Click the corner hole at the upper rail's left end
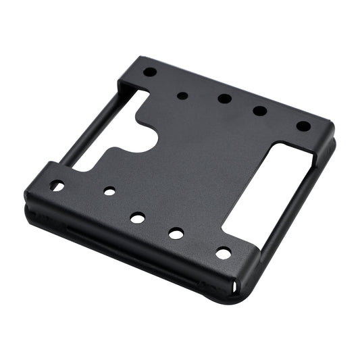pos(150,72)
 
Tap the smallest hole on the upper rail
pos(182,95)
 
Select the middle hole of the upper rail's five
pos(224,99)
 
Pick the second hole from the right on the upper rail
pos(260,111)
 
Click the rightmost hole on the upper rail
pos(303,126)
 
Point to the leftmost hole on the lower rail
pos(57,185)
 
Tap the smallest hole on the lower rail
pos(109,191)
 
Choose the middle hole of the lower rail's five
pos(137,217)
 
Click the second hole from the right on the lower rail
pos(176,234)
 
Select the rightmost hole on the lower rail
pos(222,253)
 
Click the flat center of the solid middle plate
pos(196,169)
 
